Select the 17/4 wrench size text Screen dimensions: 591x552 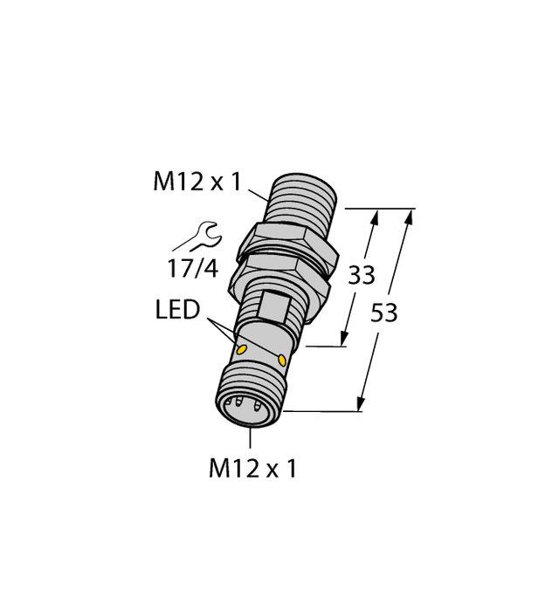point(192,268)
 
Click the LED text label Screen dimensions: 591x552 point(180,311)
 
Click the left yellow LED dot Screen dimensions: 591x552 point(243,350)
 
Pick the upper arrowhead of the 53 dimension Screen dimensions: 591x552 point(408,216)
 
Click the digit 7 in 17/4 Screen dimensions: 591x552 point(185,268)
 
